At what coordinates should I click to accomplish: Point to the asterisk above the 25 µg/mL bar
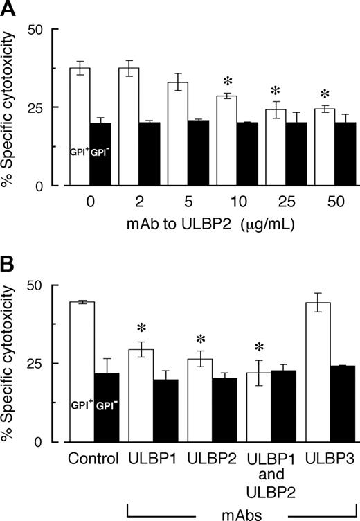pyautogui.click(x=276, y=91)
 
